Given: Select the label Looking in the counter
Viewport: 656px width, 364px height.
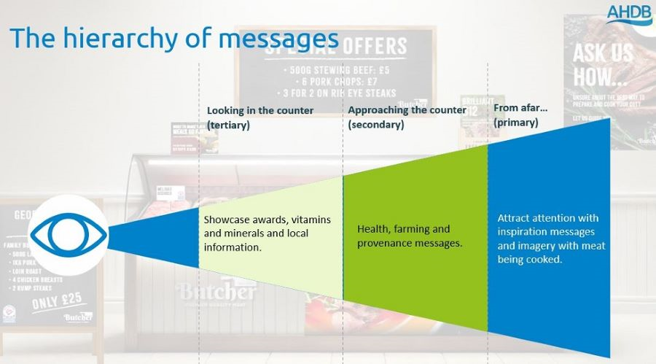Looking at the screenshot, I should tap(260, 111).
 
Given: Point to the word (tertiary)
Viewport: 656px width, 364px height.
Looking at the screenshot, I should tap(228, 125).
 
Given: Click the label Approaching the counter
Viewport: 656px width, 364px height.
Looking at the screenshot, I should tap(407, 110).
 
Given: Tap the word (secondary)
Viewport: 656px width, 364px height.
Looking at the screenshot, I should tap(375, 124).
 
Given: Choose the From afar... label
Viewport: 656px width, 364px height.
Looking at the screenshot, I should tap(520, 108).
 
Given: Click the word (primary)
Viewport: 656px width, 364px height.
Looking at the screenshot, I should tap(516, 123).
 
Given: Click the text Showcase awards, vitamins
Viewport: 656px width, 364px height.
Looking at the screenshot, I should tap(267, 220).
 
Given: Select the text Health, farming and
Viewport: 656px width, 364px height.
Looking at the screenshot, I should tap(403, 229).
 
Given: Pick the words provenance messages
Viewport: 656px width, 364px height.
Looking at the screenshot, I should tap(410, 243).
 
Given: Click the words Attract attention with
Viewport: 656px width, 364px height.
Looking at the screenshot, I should tap(548, 218).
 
